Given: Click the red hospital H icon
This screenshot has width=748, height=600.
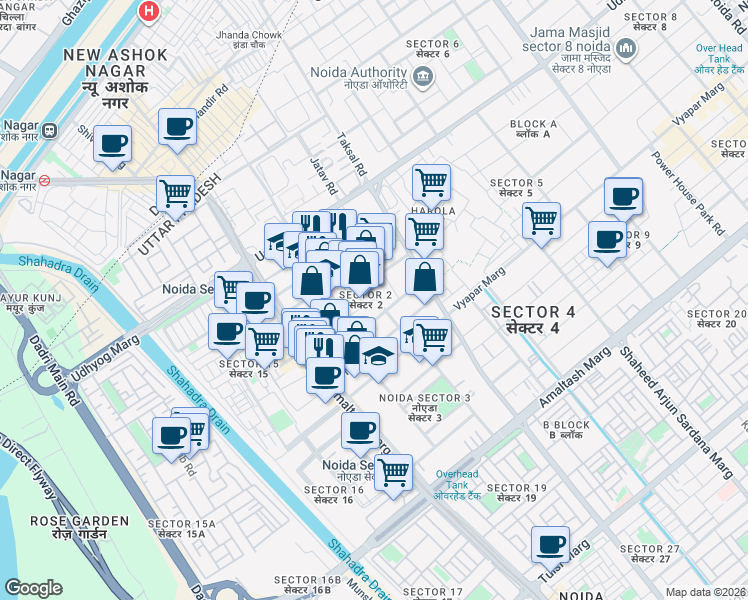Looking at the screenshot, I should tap(149, 12).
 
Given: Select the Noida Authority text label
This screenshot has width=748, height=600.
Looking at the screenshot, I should tap(358, 73).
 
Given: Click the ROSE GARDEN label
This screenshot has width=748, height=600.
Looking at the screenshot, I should tap(79, 527).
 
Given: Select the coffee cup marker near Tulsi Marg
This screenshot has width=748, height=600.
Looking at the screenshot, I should tap(550, 543).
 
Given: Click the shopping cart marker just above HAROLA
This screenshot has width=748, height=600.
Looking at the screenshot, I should tap(431, 182).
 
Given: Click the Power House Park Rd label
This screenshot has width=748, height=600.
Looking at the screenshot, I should tap(688, 194).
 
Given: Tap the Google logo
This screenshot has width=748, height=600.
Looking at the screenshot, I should tap(33, 587).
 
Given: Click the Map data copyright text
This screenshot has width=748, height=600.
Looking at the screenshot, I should tap(705, 592).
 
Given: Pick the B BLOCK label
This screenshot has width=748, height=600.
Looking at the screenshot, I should tap(567, 430).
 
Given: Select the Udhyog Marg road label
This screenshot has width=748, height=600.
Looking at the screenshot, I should tap(103, 351).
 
